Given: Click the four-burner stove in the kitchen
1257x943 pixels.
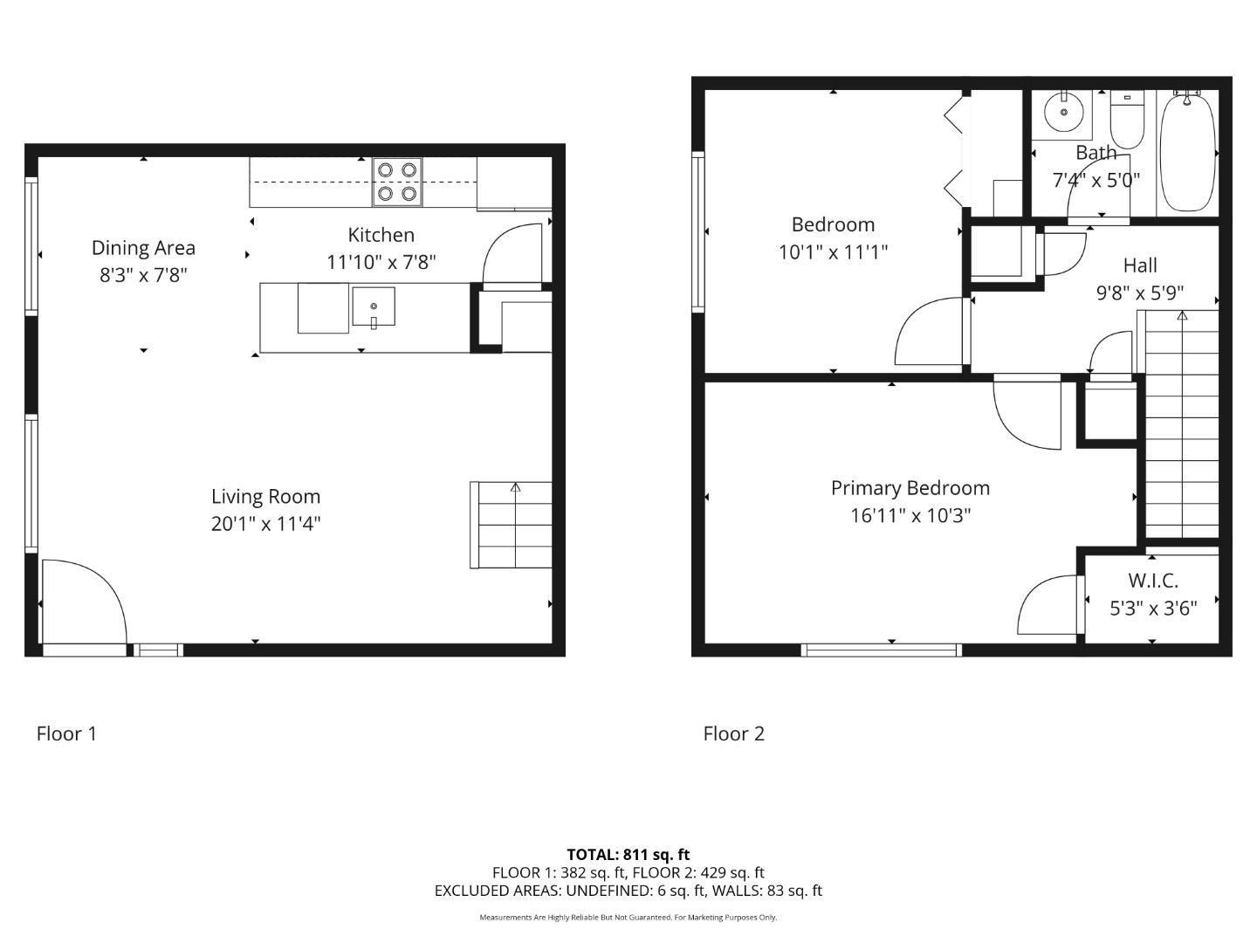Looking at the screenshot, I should pyautogui.click(x=397, y=182).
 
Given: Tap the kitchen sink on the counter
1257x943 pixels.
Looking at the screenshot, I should pyautogui.click(x=374, y=306).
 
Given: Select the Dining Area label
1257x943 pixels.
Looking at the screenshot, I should pyautogui.click(x=143, y=248).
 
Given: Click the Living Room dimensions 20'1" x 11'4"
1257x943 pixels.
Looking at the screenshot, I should pyautogui.click(x=265, y=524).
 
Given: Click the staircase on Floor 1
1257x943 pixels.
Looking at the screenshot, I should pyautogui.click(x=512, y=525).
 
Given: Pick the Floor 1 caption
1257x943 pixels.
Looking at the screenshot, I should pyautogui.click(x=66, y=733).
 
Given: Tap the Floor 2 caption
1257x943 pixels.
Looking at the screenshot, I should pyautogui.click(x=733, y=733).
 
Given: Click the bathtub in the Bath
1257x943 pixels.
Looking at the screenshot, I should pyautogui.click(x=1187, y=152).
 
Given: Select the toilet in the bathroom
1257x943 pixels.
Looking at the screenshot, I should pyautogui.click(x=1127, y=121).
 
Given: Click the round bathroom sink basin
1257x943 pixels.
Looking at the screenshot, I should pyautogui.click(x=1063, y=112).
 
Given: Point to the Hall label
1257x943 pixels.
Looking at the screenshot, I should pyautogui.click(x=1140, y=265).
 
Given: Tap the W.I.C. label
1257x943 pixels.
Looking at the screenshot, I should pyautogui.click(x=1152, y=581).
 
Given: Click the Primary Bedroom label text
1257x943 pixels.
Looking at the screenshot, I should pyautogui.click(x=910, y=488).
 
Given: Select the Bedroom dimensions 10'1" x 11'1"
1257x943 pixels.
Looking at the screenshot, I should pyautogui.click(x=833, y=252).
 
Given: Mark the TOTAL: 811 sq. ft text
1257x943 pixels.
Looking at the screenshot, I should pyautogui.click(x=628, y=854).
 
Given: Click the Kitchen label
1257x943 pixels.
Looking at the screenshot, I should pyautogui.click(x=381, y=235).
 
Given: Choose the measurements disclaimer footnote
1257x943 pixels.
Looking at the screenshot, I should pyautogui.click(x=628, y=918).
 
